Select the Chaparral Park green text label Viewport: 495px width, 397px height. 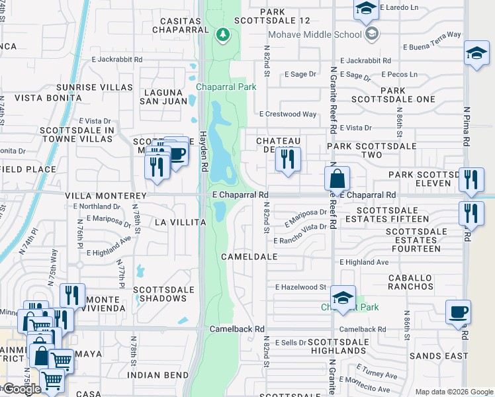(x=226, y=87)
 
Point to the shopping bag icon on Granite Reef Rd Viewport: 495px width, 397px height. (x=337, y=178)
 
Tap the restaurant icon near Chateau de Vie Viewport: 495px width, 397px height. (x=288, y=159)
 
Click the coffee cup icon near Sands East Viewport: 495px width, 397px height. (x=458, y=312)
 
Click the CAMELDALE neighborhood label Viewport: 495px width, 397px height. (x=249, y=256)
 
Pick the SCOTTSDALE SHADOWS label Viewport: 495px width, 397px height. (x=164, y=294)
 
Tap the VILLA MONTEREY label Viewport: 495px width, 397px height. (x=105, y=197)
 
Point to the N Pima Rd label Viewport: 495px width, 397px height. (x=467, y=127)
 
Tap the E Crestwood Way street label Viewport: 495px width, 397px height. (x=288, y=114)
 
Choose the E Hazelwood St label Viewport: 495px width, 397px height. (x=301, y=287)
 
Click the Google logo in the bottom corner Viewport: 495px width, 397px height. (x=21, y=389)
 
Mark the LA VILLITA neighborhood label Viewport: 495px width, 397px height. (x=179, y=222)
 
